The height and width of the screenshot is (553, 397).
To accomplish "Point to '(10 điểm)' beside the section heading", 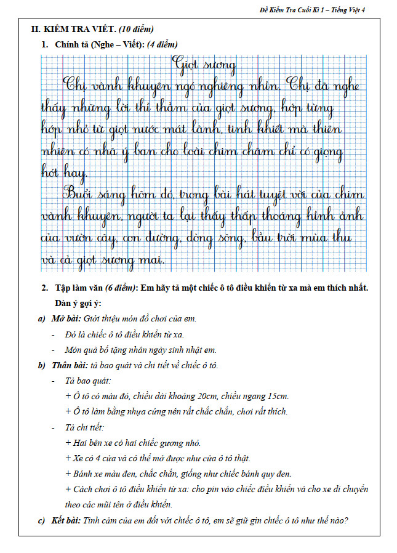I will coord(135,29).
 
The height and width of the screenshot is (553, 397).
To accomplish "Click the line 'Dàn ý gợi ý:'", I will coord(78,304).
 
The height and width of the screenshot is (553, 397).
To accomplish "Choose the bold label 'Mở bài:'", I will coord(64,319).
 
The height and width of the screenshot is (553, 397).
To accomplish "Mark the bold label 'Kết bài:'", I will coord(64,520).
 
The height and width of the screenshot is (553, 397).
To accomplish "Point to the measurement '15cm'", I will coord(279,396).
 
